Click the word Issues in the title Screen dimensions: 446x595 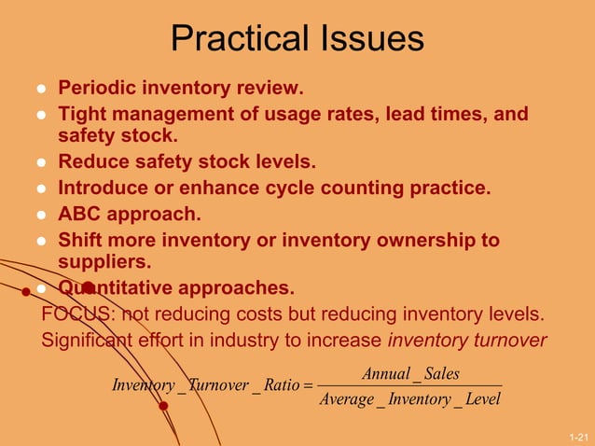367,39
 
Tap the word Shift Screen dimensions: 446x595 82,240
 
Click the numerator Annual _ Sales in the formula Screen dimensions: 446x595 410,374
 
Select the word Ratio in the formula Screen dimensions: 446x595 281,385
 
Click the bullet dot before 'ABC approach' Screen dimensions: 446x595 41,215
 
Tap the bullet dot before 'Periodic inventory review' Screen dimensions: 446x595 41,91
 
